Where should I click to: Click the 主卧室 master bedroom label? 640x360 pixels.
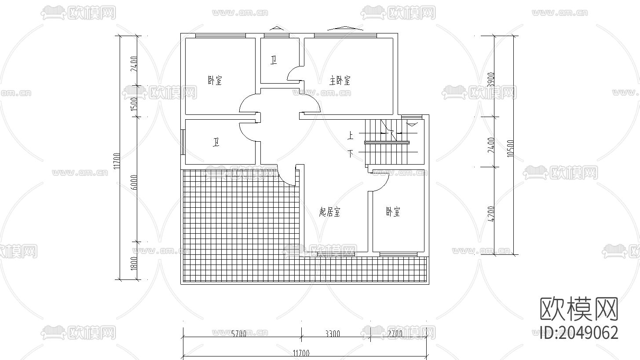coord(340,81)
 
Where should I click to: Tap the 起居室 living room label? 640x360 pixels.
coord(329,213)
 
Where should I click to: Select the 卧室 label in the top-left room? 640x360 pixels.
coord(215,81)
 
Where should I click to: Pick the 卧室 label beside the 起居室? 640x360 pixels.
coord(393,212)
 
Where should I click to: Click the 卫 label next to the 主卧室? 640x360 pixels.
coord(274,60)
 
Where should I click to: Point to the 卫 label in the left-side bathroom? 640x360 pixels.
coord(216,143)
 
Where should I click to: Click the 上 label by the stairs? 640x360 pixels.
coord(351,136)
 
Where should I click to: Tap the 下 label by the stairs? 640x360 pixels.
coord(351,154)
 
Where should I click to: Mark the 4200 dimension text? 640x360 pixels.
coord(491,213)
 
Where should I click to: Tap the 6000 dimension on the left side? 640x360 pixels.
coord(134,182)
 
